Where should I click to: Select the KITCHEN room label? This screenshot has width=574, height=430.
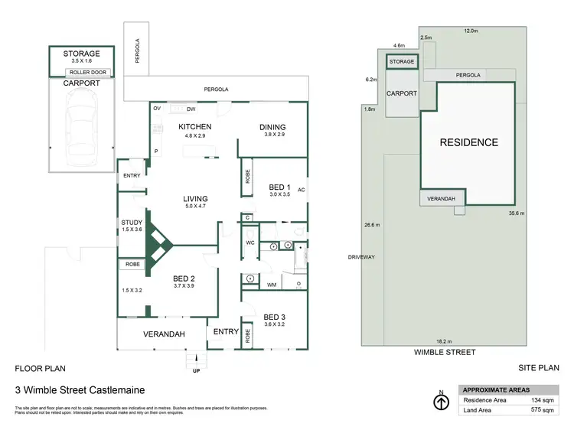click(x=194, y=127)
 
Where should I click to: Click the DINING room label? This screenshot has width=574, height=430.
click(x=272, y=127)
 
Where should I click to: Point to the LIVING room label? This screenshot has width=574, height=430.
click(x=195, y=199)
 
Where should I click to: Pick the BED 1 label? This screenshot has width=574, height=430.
click(x=279, y=187)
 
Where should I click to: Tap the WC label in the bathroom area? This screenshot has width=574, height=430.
click(x=249, y=243)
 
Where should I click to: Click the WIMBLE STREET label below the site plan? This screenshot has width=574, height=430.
click(x=445, y=353)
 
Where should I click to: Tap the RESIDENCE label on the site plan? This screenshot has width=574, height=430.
click(x=468, y=142)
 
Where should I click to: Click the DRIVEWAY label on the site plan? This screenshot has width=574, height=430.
click(x=360, y=257)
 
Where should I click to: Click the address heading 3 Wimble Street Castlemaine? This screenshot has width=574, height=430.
click(x=80, y=389)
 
